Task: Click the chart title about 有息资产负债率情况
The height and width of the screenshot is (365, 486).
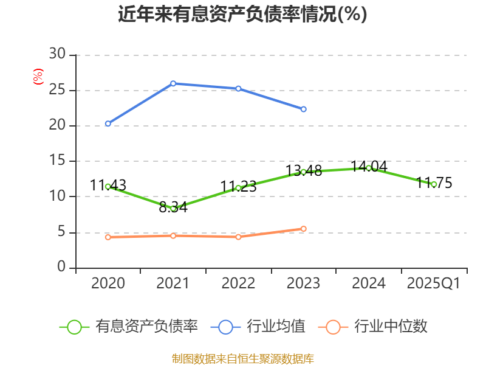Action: click(x=242, y=14)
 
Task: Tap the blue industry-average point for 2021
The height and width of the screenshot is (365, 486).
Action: click(x=173, y=83)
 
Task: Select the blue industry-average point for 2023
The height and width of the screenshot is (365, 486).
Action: click(x=304, y=109)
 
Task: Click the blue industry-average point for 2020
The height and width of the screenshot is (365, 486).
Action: click(x=108, y=123)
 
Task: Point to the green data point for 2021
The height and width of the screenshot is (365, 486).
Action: click(x=173, y=209)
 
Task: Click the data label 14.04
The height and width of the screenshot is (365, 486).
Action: click(x=368, y=166)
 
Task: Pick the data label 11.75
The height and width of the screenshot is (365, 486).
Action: click(x=434, y=182)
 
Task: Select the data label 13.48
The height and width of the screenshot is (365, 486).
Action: click(x=303, y=170)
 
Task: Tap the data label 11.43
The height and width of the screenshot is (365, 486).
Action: click(x=108, y=185)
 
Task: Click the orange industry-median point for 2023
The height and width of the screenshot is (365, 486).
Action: click(x=304, y=229)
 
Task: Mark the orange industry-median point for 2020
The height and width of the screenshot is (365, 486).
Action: click(x=108, y=237)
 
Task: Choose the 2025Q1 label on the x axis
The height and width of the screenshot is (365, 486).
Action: click(x=434, y=283)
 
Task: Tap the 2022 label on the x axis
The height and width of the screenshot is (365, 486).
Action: click(x=238, y=283)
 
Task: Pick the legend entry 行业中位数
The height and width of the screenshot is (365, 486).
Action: click(x=376, y=327)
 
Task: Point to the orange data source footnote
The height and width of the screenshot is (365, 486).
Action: click(x=242, y=358)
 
